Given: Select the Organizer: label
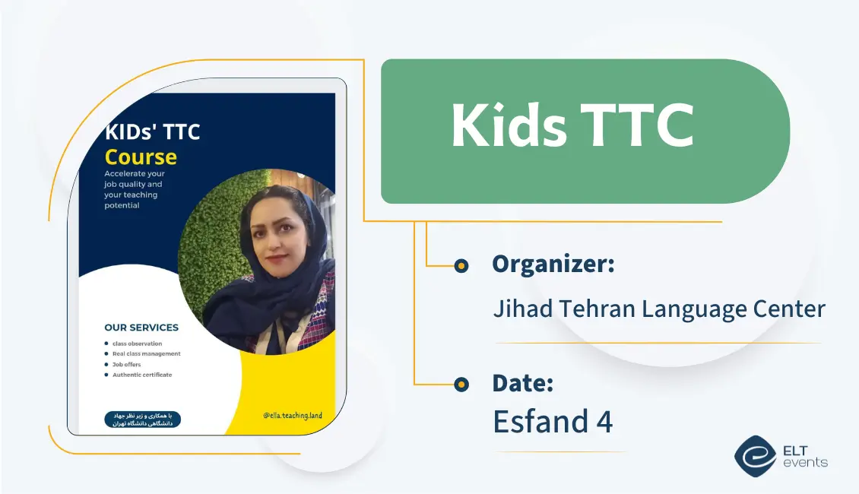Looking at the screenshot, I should click(553, 264).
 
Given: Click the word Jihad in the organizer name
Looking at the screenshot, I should click(521, 309).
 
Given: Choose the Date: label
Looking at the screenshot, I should click(522, 383).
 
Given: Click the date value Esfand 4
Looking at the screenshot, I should click(553, 421).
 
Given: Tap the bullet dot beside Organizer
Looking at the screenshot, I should click(461, 265).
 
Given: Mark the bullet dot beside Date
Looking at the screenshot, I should click(461, 384).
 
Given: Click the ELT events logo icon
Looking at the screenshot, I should click(754, 455).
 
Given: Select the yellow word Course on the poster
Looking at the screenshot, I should click(141, 157).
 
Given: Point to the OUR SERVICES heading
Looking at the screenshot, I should click(141, 328).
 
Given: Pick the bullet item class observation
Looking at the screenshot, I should click(137, 344).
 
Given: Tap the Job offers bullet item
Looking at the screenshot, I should click(127, 364).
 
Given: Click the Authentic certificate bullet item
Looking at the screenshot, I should click(142, 375).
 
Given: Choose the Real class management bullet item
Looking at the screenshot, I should click(147, 353).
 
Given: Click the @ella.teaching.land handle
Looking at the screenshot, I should click(293, 416).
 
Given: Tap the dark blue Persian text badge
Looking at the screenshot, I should click(142, 419).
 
